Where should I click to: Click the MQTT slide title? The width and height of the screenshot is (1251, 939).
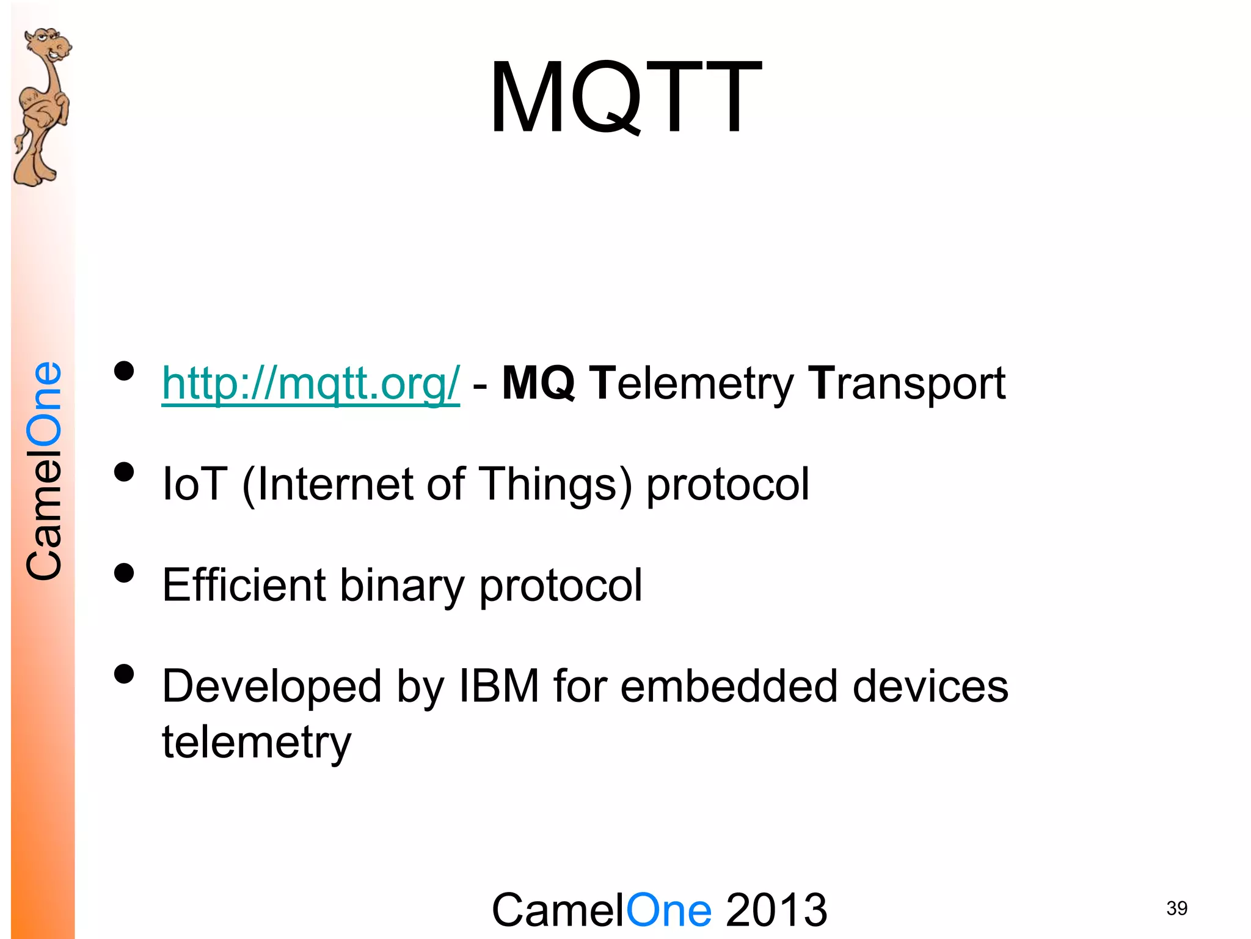click(625, 98)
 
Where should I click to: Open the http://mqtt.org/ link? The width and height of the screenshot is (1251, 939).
click(310, 383)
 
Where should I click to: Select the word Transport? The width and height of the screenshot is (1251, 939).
click(906, 383)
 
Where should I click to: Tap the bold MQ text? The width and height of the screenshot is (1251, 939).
click(538, 383)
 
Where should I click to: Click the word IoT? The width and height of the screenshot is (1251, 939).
click(195, 484)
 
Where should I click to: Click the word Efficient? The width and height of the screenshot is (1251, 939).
click(244, 585)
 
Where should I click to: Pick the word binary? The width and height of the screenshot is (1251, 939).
click(402, 585)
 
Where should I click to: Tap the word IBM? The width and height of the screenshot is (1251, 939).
click(499, 686)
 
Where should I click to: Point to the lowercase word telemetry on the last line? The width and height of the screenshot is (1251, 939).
click(257, 742)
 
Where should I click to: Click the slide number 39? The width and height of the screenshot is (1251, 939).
click(1176, 908)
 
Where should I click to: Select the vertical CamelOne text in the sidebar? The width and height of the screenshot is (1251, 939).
click(44, 471)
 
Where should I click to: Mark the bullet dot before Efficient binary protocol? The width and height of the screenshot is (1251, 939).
click(124, 573)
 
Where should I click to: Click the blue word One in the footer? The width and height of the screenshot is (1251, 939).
click(669, 910)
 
